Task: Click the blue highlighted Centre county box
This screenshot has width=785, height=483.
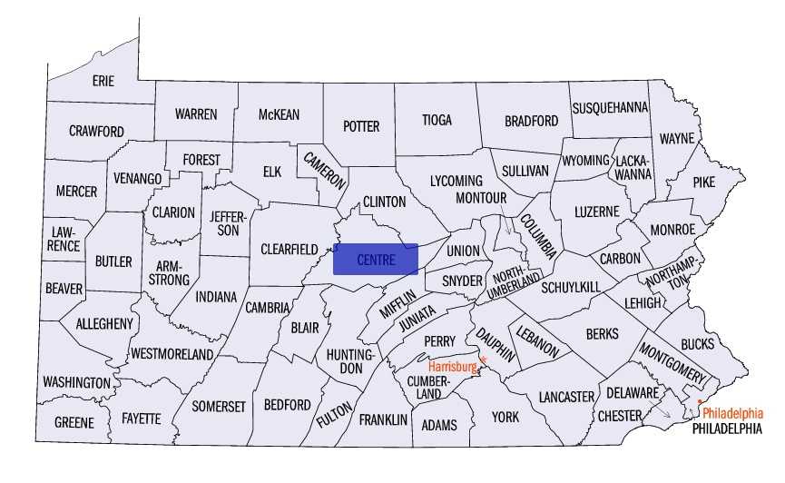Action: click(376, 259)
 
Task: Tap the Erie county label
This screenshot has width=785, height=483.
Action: click(103, 81)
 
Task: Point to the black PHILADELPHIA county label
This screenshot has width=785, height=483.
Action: click(727, 428)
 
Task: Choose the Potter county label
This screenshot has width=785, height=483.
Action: click(361, 126)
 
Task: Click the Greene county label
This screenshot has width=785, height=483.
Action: click(74, 423)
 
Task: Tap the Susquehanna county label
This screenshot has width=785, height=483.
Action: click(610, 107)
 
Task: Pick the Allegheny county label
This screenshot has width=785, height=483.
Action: click(104, 323)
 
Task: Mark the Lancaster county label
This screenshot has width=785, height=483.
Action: click(565, 397)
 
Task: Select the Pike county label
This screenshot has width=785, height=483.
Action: click(704, 182)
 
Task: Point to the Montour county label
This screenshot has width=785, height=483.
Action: click(481, 197)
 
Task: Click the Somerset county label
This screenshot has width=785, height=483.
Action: click(218, 407)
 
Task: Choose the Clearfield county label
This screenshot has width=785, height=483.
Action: click(289, 249)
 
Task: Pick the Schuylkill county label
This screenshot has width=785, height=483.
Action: click(571, 287)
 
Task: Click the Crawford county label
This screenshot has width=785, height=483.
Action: click(96, 132)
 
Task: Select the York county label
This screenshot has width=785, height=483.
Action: click(505, 417)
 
